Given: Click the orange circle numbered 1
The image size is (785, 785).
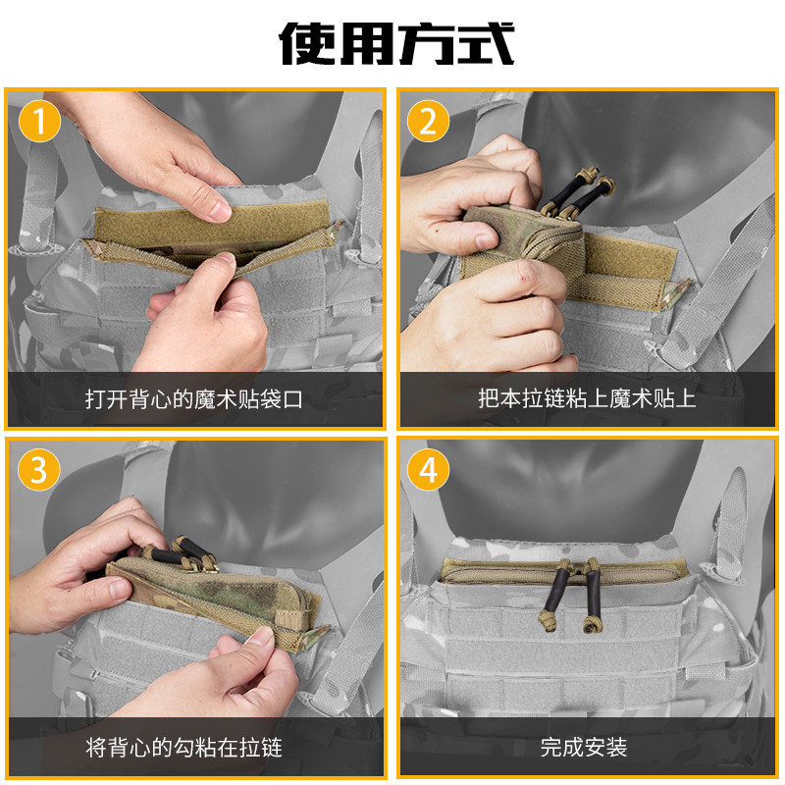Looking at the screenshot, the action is point(39,121).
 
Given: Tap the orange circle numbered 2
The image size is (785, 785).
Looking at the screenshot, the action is point(428,121).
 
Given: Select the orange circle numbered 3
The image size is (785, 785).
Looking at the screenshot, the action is point(39,470).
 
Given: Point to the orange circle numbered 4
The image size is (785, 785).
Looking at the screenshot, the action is point(428,470).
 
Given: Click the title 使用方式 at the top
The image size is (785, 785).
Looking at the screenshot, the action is point(396,43).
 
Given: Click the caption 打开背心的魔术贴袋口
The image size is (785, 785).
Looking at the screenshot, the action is point(193,399).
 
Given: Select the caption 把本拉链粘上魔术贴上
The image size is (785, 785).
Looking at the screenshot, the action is point(587,398).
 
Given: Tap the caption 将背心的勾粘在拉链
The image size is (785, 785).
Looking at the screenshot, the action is point(183,748).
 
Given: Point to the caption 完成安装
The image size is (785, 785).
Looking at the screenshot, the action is point(584,748).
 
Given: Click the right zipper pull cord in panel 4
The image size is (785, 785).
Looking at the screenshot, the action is point(592,596).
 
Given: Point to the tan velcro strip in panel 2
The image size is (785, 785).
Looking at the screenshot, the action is point(631,257).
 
